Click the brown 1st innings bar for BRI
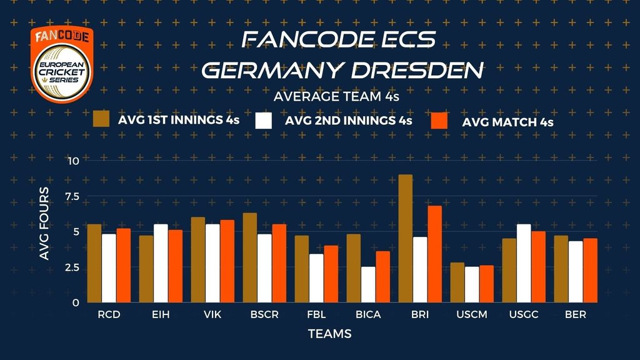click(x=406, y=239)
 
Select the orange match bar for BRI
click(x=434, y=254)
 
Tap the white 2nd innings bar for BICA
click(x=368, y=284)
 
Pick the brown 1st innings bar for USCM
click(x=457, y=282)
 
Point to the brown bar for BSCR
click(x=250, y=257)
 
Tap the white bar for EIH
click(x=161, y=263)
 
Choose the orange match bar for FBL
click(x=331, y=274)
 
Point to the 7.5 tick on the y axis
click(x=72, y=197)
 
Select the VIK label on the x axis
click(x=212, y=315)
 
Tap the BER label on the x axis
click(x=575, y=315)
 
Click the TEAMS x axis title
click(x=329, y=334)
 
